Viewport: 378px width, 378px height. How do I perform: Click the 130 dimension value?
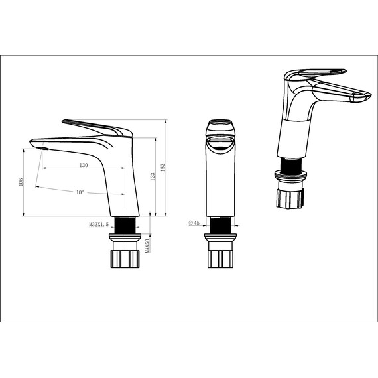84,165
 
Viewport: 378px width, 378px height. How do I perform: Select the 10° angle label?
79,192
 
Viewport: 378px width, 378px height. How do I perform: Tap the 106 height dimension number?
21,181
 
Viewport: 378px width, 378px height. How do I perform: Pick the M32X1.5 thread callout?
99,225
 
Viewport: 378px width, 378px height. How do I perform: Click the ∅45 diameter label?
194,222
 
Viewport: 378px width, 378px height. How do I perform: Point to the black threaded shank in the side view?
126,224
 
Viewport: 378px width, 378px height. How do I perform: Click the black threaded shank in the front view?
219,225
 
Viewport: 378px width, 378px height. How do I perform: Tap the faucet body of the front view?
220,179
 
